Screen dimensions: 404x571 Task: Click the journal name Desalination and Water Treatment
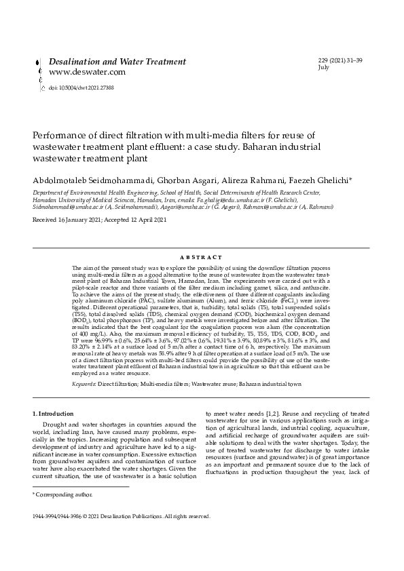pyautogui.click(x=117, y=61)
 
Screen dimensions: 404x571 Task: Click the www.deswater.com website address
pyautogui.click(x=87, y=72)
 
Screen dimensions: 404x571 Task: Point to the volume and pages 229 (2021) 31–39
pyautogui.click(x=340, y=61)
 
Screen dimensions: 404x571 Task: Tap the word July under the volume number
pyautogui.click(x=323, y=68)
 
